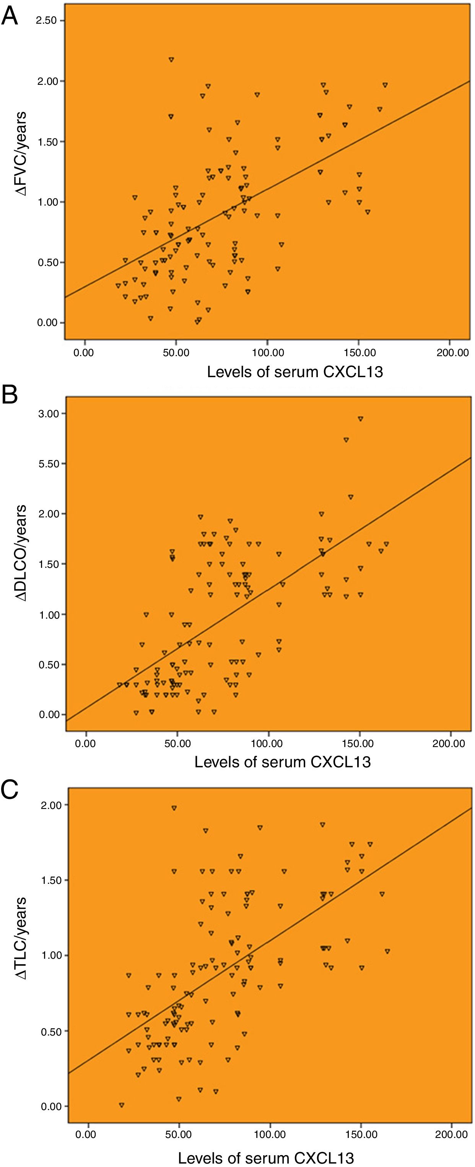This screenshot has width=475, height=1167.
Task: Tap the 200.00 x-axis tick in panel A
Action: [x=452, y=353]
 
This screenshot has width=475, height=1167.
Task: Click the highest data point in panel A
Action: [x=171, y=59]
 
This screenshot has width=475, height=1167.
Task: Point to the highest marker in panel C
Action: [x=174, y=808]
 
